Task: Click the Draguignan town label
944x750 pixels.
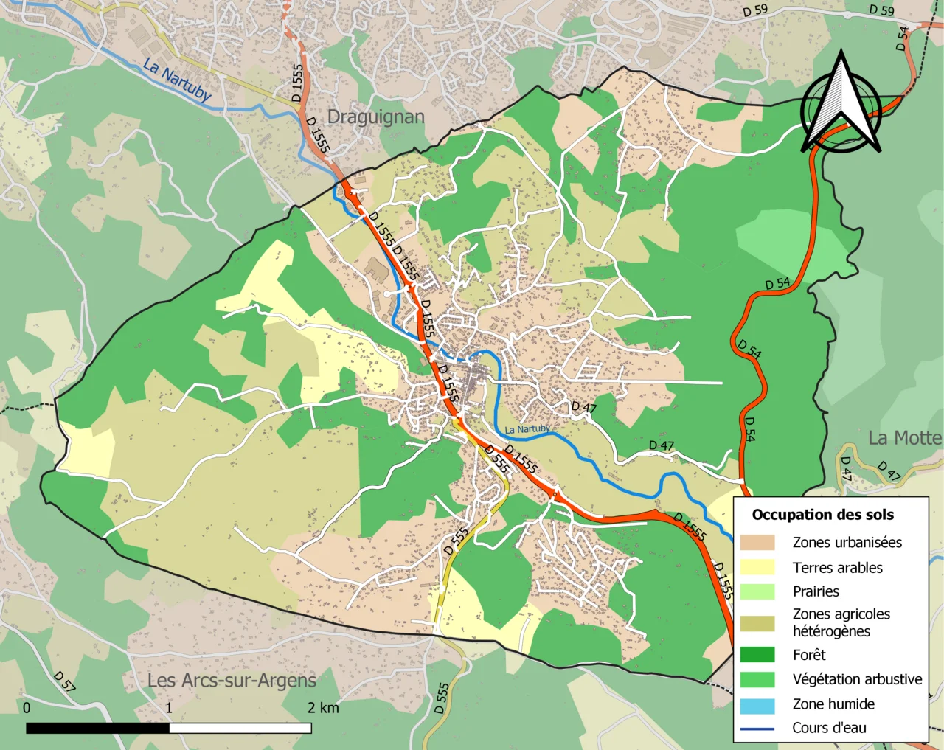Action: [375, 117]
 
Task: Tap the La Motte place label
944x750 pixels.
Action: [904, 438]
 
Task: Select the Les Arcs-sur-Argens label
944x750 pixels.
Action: [232, 680]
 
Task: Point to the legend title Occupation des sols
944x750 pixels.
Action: [822, 515]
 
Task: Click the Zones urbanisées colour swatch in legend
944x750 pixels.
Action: [757, 543]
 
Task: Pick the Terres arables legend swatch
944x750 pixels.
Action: [757, 567]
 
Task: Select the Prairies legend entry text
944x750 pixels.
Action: [816, 591]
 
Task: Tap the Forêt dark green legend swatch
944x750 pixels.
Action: [757, 655]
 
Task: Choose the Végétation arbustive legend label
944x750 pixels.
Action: [857, 679]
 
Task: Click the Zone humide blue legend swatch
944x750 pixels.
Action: [757, 704]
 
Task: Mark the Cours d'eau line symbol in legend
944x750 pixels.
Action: [757, 729]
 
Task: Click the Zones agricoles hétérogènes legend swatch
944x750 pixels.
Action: [757, 623]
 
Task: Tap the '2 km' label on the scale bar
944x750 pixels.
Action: [323, 708]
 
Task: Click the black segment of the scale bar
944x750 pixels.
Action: [97, 728]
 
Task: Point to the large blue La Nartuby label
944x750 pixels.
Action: [177, 80]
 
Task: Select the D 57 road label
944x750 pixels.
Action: [64, 681]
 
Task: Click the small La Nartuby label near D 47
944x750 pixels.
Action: [527, 429]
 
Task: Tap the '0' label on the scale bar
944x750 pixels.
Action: [27, 708]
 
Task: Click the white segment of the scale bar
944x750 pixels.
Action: [240, 728]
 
